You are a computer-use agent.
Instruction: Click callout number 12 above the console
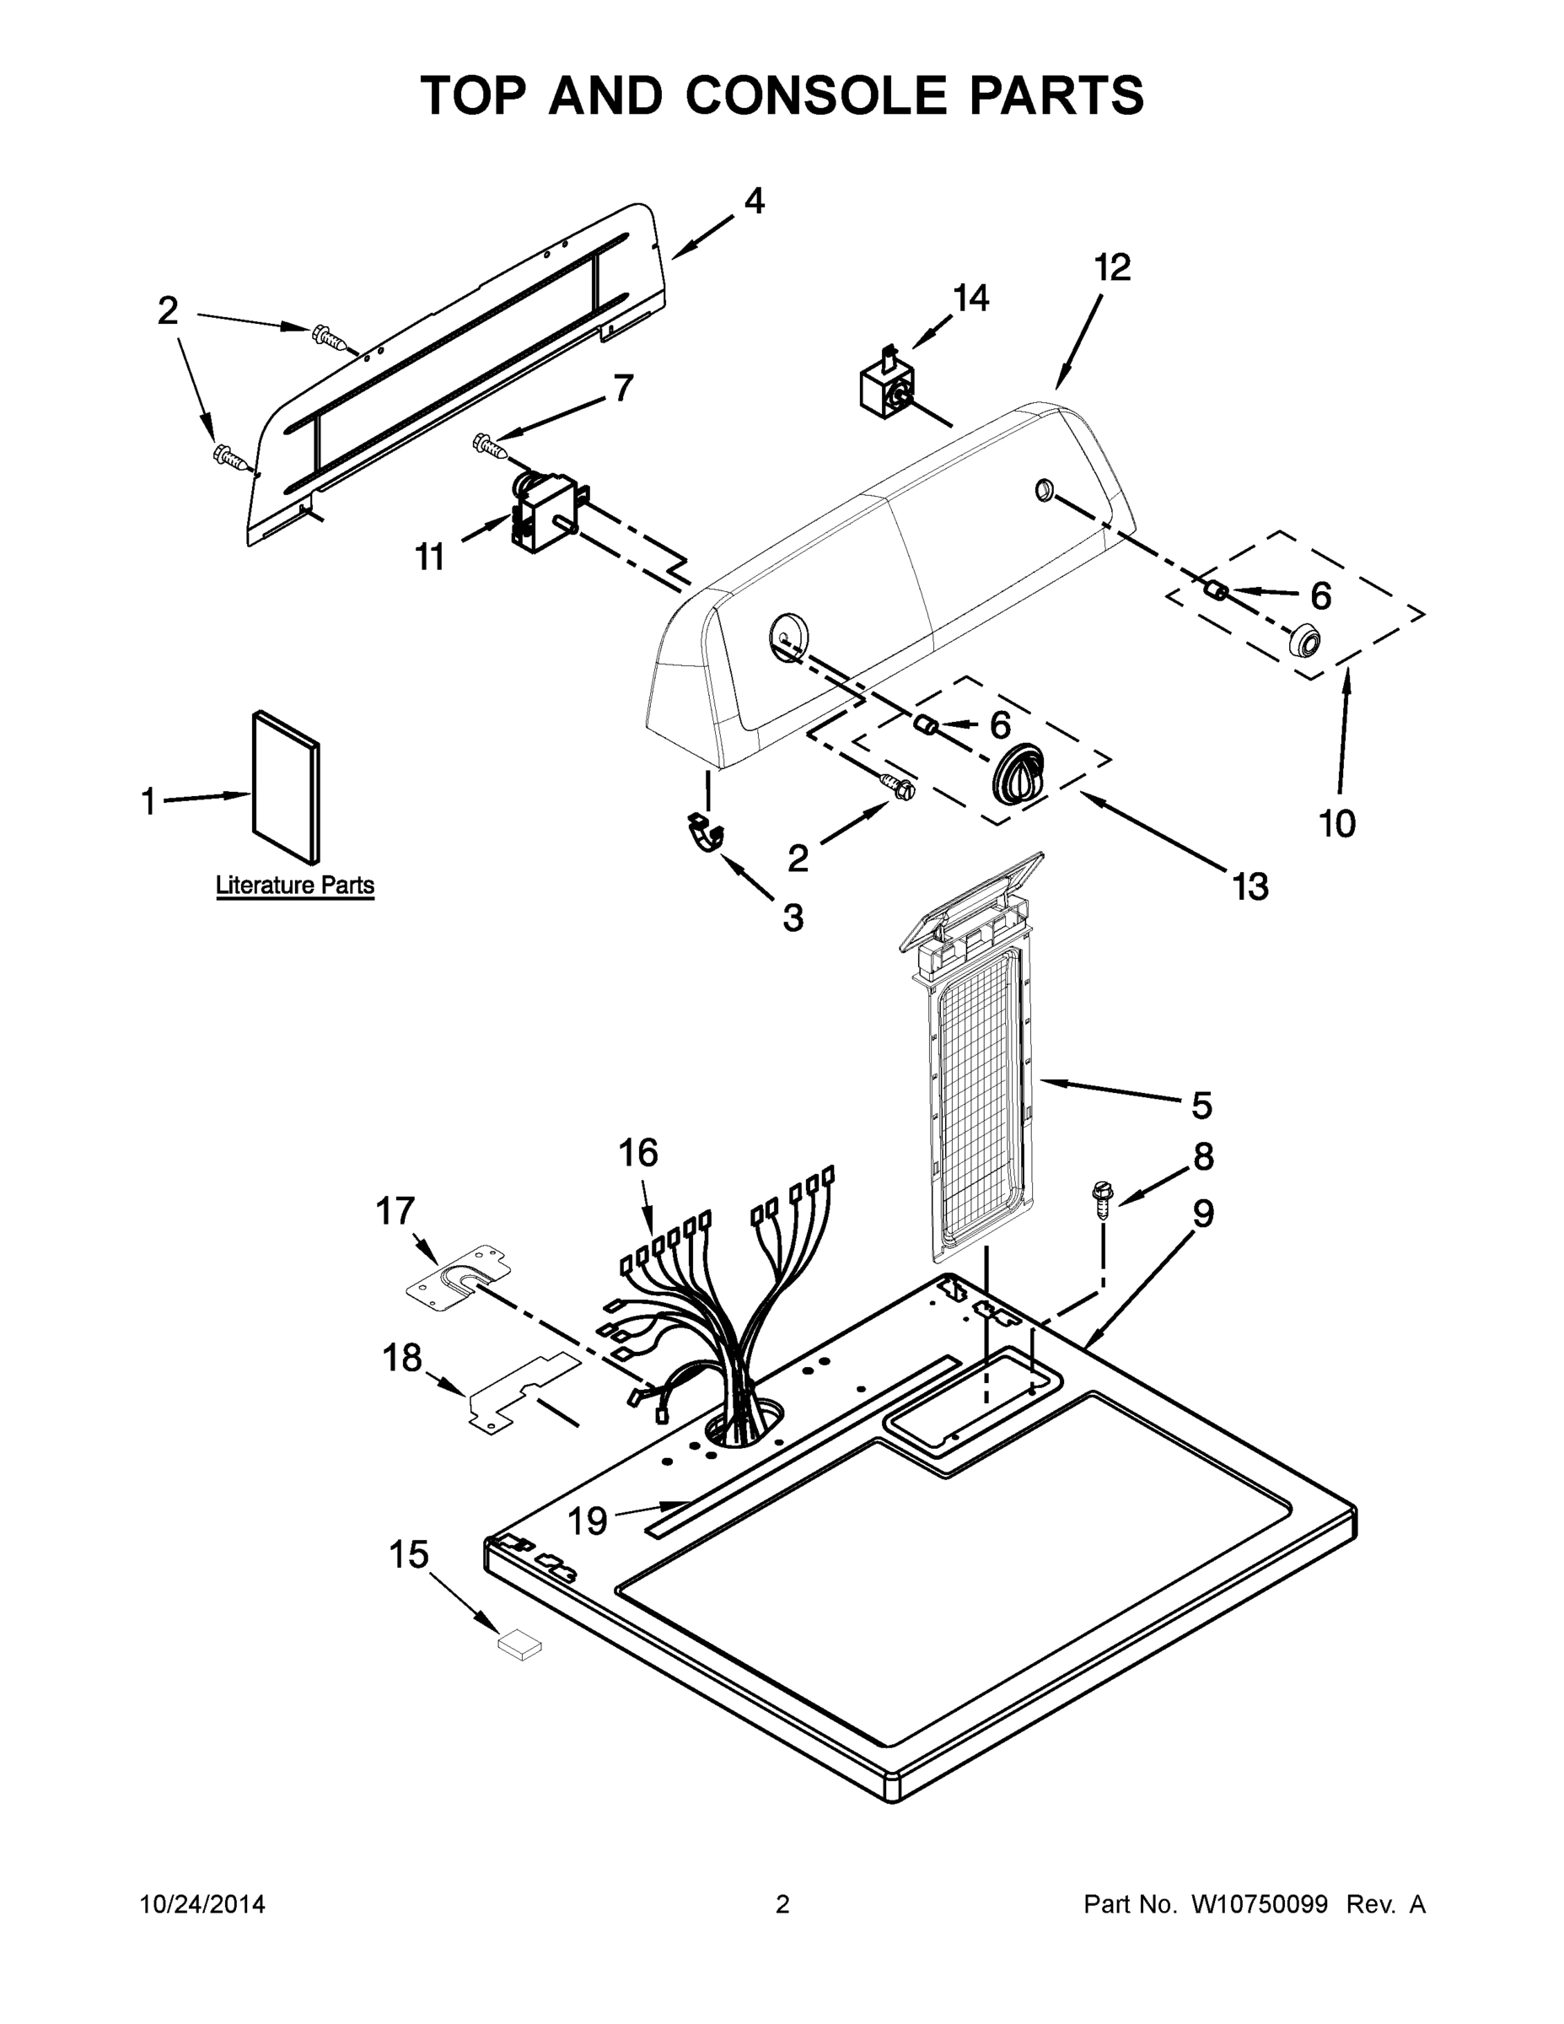[x=1113, y=268]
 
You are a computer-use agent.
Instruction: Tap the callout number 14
[x=971, y=298]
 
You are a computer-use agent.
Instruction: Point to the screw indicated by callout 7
[x=490, y=446]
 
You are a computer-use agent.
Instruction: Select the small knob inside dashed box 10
[x=1304, y=639]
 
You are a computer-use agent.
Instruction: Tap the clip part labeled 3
[x=706, y=832]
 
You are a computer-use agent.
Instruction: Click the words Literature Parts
[x=294, y=885]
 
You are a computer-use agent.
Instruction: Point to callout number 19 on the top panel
[x=587, y=1521]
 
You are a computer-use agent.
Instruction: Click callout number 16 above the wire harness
[x=638, y=1153]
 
